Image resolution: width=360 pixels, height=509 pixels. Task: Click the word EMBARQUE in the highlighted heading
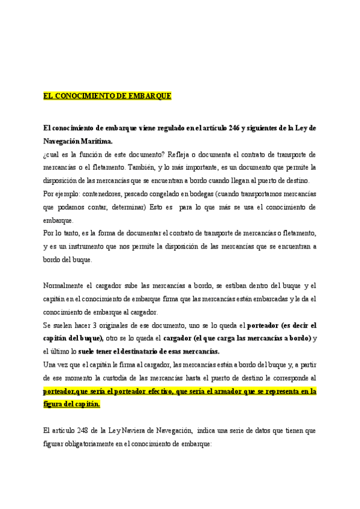tap(152, 96)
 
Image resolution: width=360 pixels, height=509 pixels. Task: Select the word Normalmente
tap(65, 286)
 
